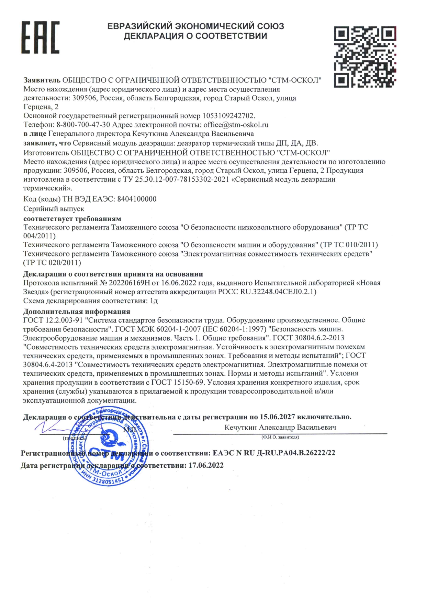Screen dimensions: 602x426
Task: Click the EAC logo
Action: pyautogui.click(x=41, y=37)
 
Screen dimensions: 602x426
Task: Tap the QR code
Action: pyautogui.click(x=365, y=57)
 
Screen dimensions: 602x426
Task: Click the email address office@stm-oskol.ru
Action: pyautogui.click(x=236, y=125)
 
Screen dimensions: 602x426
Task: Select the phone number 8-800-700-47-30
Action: pyautogui.click(x=83, y=125)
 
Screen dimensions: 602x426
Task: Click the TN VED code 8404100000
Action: pyautogui.click(x=137, y=199)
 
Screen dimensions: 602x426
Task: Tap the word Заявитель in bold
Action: pyautogui.click(x=42, y=80)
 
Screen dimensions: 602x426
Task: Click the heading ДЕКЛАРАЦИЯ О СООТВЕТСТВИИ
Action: pyautogui.click(x=195, y=36)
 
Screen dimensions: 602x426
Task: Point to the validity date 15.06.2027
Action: pyautogui.click(x=277, y=417)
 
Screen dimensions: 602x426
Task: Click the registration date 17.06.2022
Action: pyautogui.click(x=206, y=465)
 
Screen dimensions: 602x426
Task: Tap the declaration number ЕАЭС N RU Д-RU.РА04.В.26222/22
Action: pyautogui.click(x=274, y=453)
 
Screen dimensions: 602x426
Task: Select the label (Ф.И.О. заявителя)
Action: pyautogui.click(x=280, y=437)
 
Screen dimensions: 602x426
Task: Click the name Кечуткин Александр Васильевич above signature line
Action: pyautogui.click(x=280, y=428)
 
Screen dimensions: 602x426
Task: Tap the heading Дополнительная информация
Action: pyautogui.click(x=77, y=311)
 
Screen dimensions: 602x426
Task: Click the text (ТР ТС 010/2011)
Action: pyautogui.click(x=349, y=245)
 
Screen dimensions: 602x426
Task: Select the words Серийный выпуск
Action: pyautogui.click(x=54, y=209)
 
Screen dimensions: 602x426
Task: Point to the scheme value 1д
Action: pyautogui.click(x=154, y=301)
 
